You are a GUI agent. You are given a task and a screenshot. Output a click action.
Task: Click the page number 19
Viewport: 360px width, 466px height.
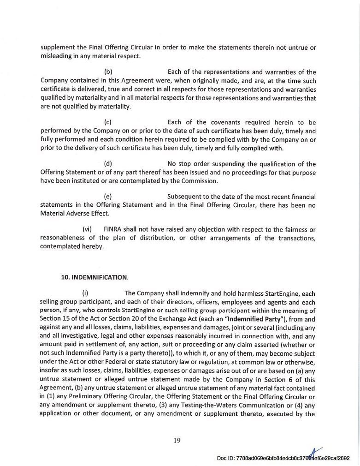tap(177, 440)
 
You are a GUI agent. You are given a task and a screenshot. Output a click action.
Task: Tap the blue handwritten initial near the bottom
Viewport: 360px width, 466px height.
tap(315, 453)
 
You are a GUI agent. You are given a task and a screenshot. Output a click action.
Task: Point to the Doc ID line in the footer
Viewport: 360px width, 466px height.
tap(283, 458)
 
